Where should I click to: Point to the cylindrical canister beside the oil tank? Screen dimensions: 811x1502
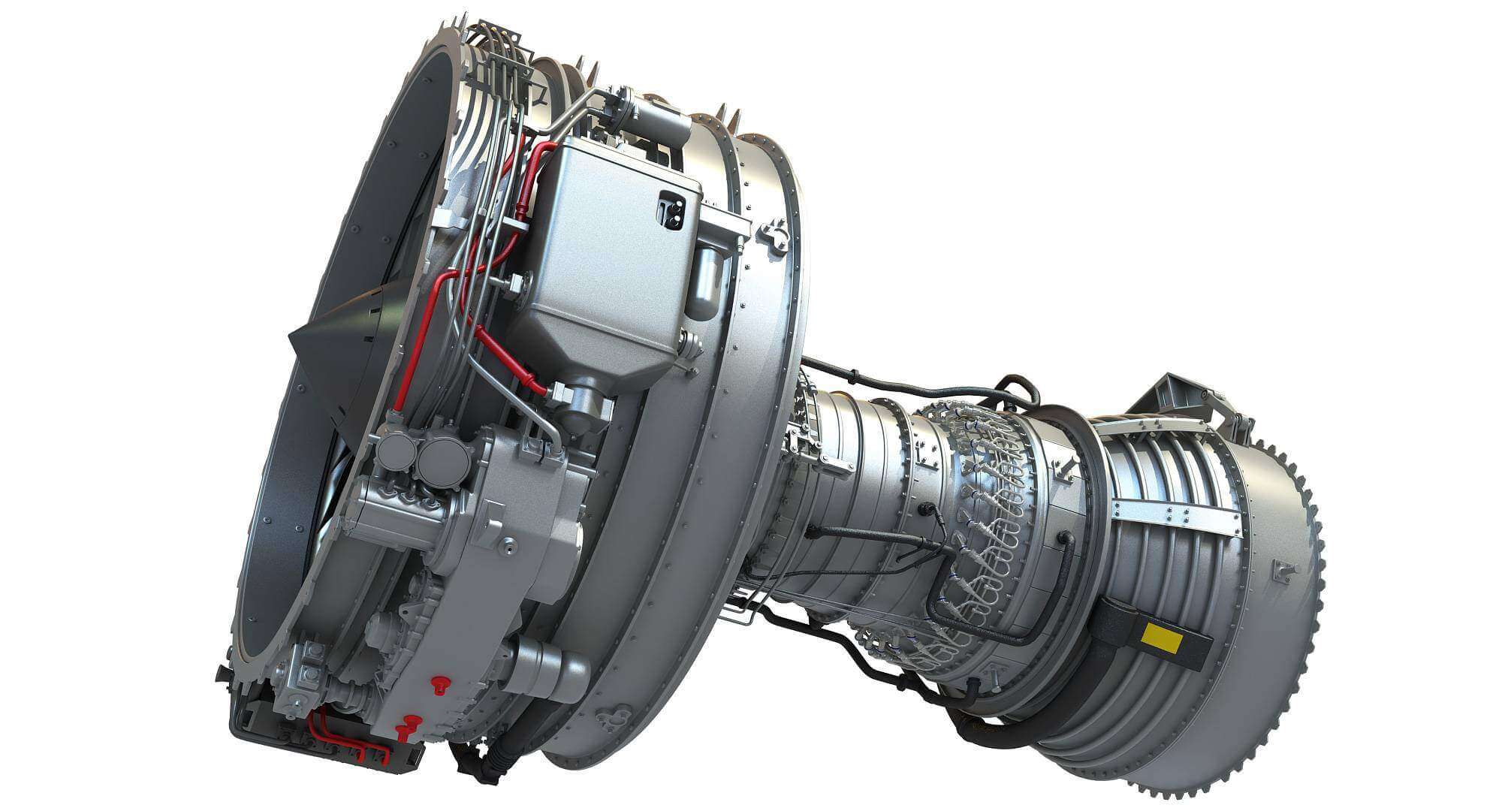705,281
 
